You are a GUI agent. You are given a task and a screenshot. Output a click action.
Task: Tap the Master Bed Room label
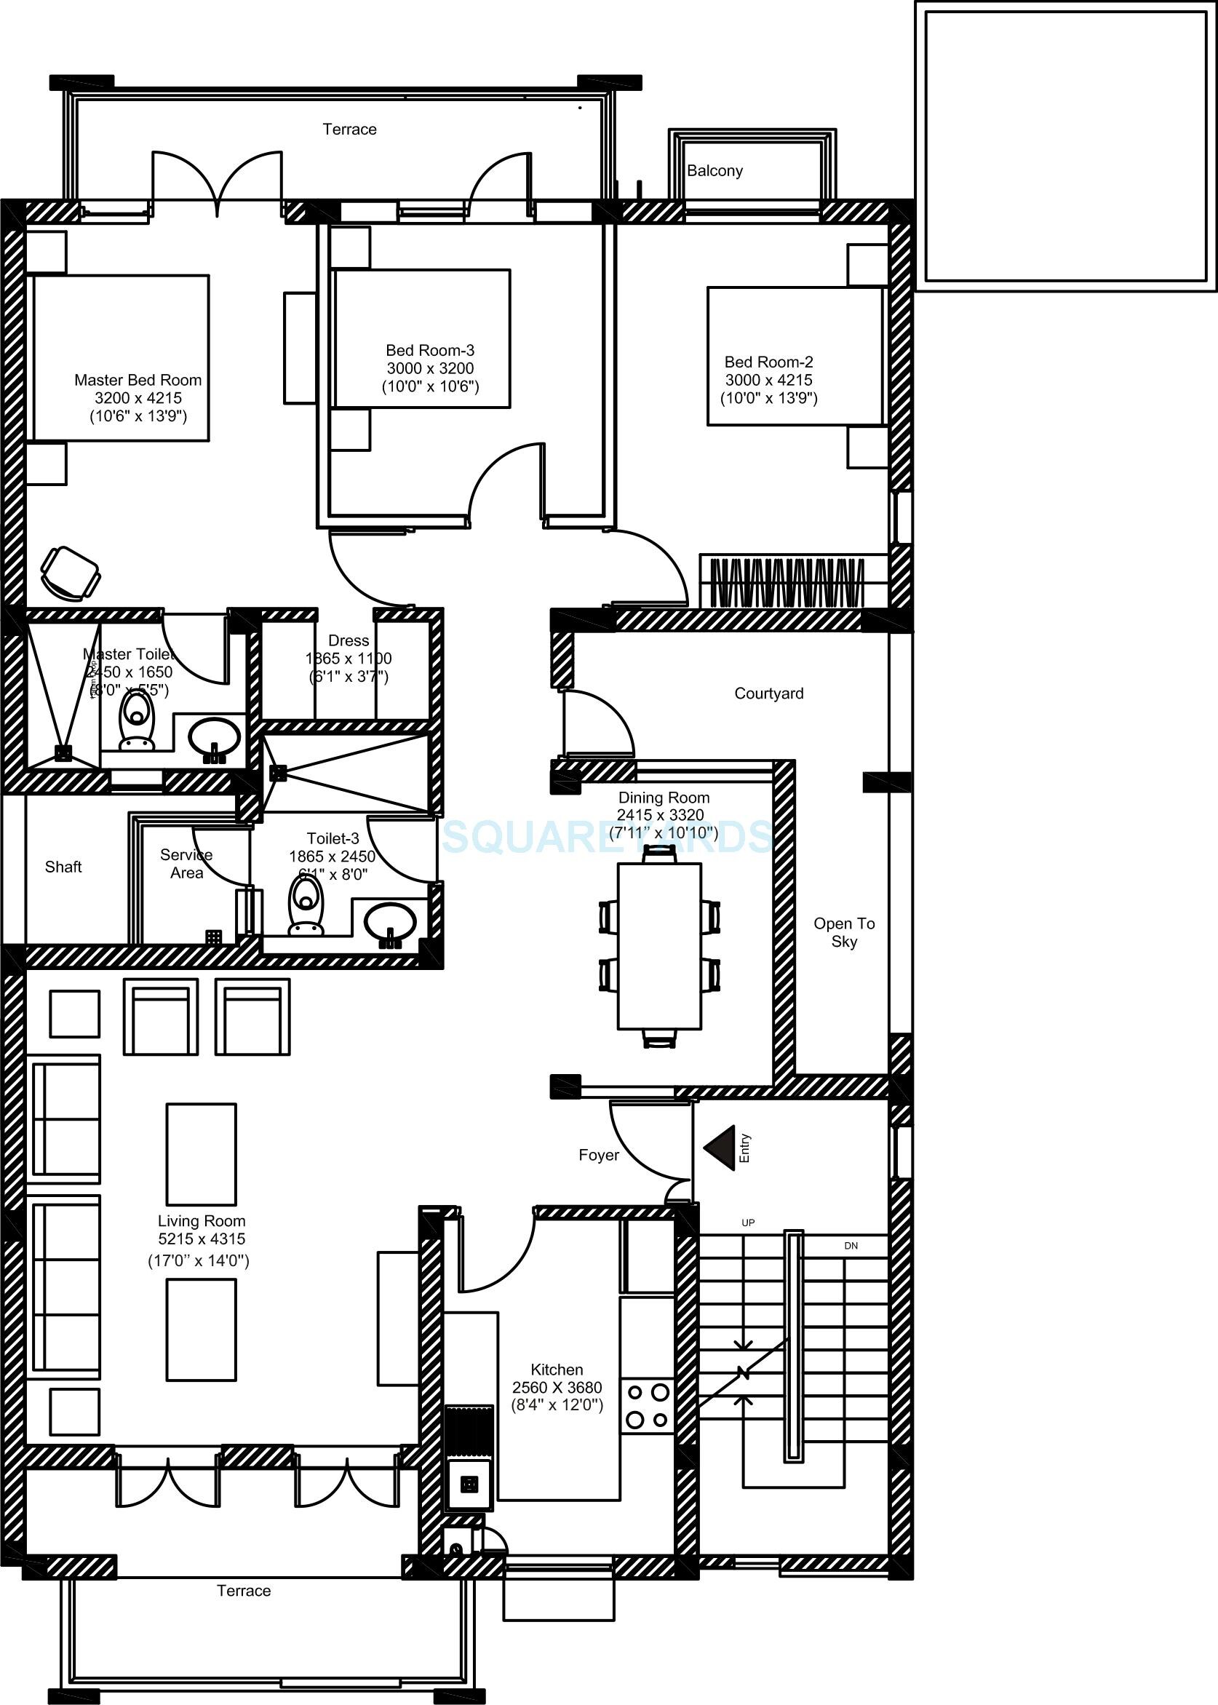(138, 381)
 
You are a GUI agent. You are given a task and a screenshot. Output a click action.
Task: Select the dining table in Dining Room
(659, 946)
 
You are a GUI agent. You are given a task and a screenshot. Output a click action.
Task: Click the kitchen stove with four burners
(648, 1406)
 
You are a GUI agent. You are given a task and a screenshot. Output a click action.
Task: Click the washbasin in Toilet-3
(389, 922)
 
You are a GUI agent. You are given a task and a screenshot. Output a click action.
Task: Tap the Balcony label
(715, 171)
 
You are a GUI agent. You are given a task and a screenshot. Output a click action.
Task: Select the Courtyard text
(769, 693)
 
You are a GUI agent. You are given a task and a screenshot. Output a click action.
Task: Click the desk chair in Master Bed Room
(70, 574)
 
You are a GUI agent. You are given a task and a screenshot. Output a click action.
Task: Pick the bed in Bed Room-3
(422, 338)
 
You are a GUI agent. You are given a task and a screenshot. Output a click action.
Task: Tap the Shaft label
(63, 867)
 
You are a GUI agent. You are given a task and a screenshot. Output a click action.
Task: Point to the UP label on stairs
(748, 1223)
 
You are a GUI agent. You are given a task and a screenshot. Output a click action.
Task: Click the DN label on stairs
(851, 1246)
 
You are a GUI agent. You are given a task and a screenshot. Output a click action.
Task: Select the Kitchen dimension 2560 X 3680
(557, 1388)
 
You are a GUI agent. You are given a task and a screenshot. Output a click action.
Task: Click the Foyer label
(599, 1156)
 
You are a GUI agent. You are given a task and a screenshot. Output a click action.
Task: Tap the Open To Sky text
(844, 932)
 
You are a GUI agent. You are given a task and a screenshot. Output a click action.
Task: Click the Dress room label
(349, 640)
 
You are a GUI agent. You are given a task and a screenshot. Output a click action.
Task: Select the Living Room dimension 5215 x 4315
(201, 1239)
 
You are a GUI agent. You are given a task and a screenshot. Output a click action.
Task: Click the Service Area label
(186, 864)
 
